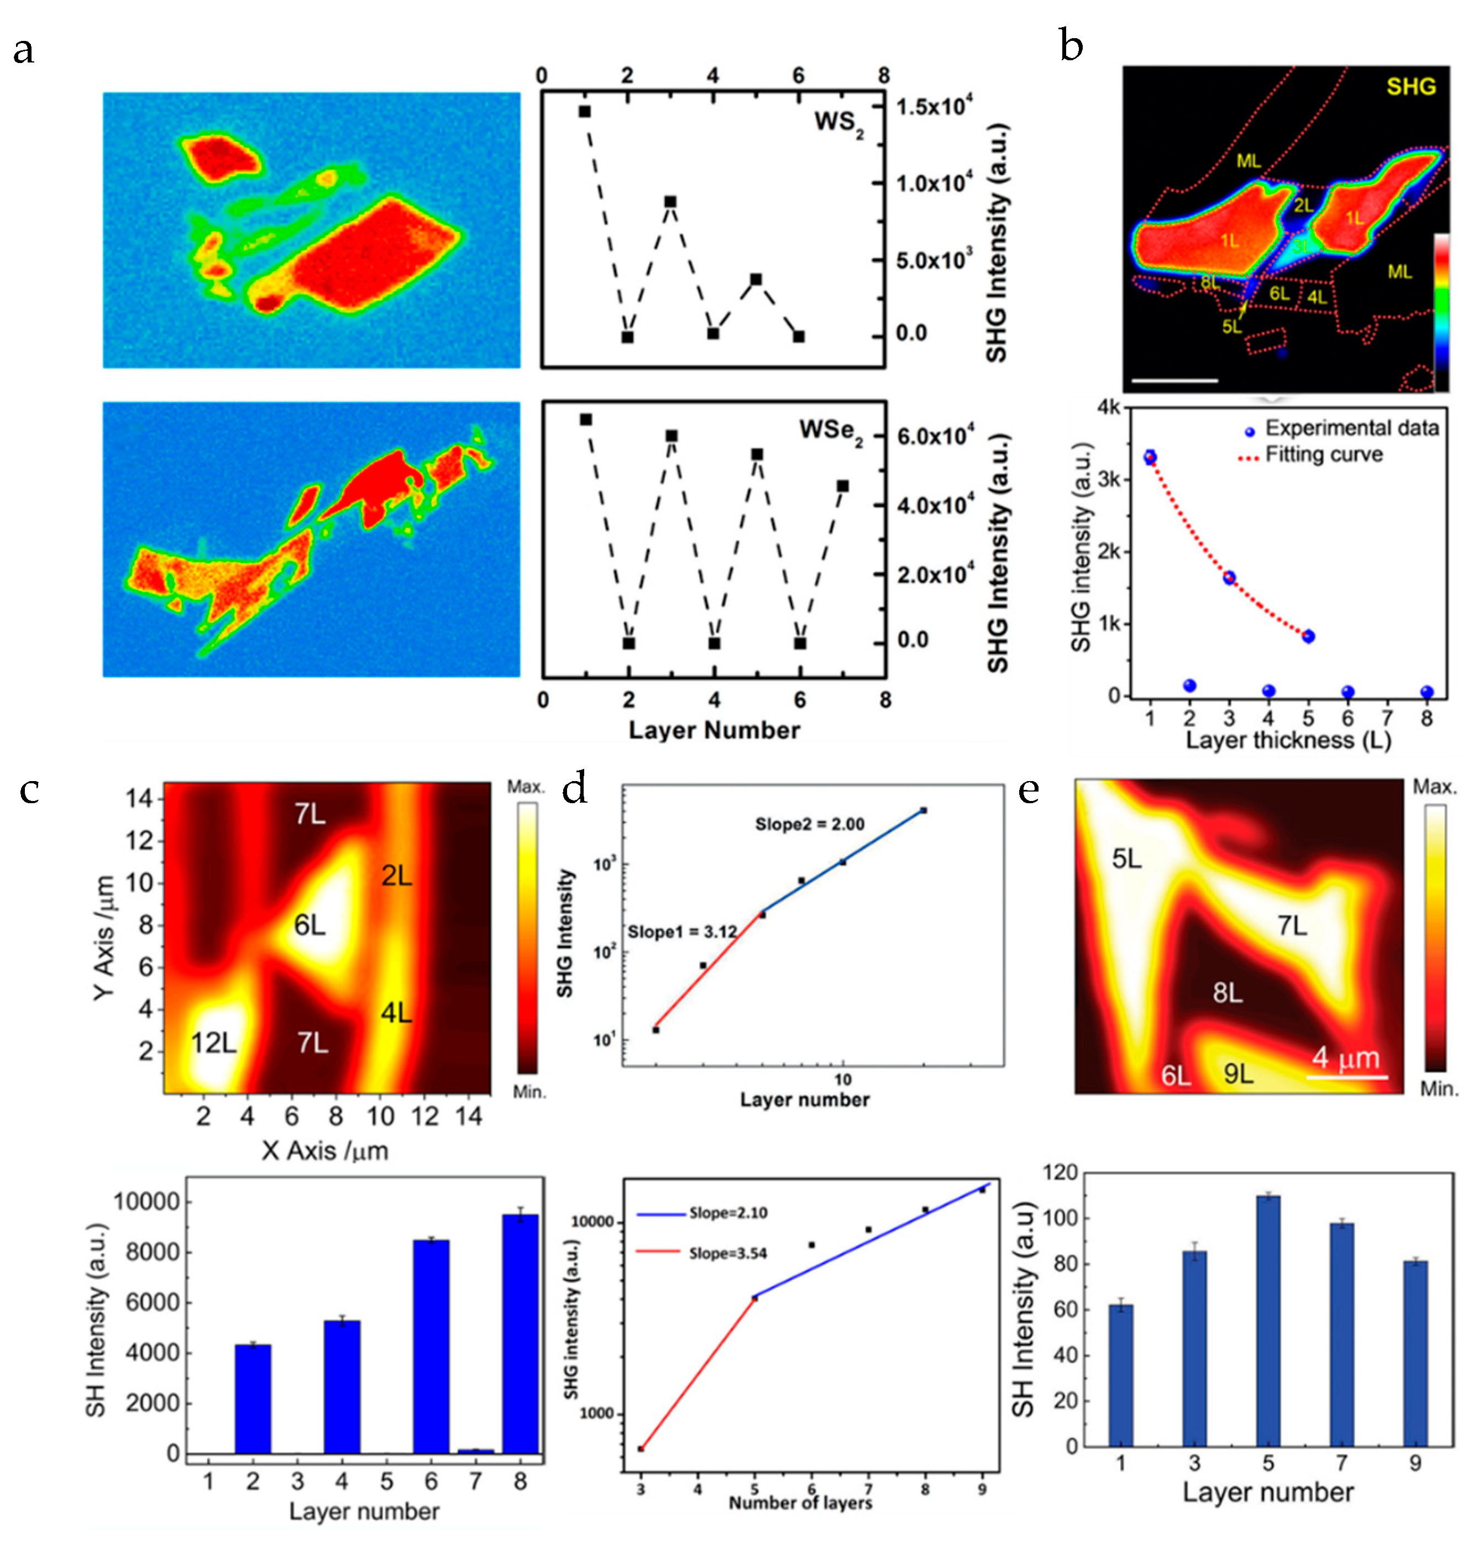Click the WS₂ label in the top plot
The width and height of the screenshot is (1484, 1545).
tap(838, 123)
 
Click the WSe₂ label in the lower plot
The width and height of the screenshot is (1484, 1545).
tap(830, 431)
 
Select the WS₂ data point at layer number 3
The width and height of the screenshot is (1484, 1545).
tap(670, 202)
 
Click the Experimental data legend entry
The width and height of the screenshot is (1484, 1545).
tap(1351, 428)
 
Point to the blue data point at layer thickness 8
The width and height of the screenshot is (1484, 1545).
tap(1427, 692)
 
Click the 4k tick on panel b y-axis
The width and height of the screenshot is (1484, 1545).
tap(1108, 407)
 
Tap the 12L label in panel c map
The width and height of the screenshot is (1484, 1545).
tap(213, 1043)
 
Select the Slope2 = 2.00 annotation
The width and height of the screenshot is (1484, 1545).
tap(809, 824)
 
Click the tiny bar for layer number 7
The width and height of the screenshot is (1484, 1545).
tap(475, 1450)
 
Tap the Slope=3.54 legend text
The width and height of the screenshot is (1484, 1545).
tap(727, 1253)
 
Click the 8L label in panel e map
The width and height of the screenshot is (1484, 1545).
tap(1227, 992)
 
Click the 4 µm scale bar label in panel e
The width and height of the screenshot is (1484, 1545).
tap(1345, 1057)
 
